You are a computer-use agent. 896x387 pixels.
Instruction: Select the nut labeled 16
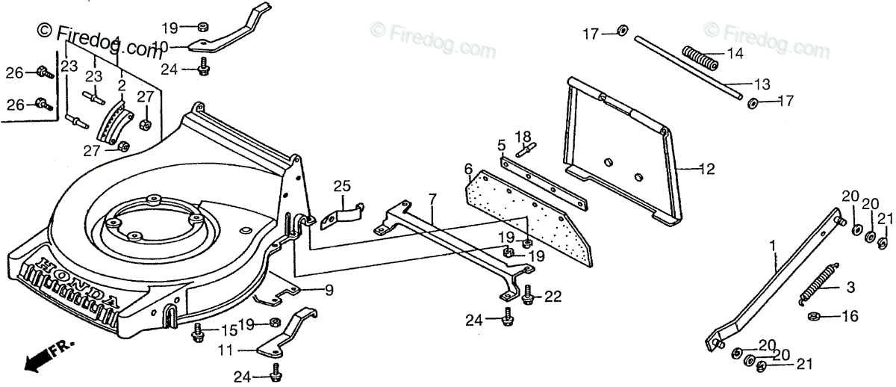(x=815, y=316)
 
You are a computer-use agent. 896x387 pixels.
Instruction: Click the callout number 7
(x=432, y=199)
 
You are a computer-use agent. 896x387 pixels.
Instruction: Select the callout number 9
(x=329, y=290)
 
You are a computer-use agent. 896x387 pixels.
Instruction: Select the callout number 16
(x=850, y=317)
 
